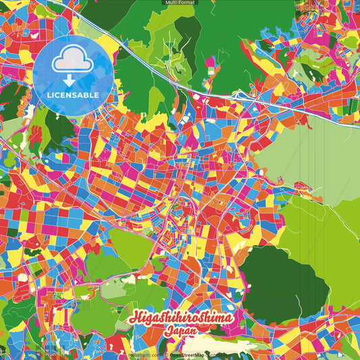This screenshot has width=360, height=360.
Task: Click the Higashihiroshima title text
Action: [180, 318]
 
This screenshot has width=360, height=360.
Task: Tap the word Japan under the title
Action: [180, 332]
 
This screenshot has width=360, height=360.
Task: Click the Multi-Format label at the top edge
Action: [180, 3]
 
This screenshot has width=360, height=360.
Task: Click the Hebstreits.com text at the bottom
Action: [143, 354]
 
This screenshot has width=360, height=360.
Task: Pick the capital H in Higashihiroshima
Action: [130, 317]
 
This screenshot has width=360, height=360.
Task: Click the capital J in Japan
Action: [166, 332]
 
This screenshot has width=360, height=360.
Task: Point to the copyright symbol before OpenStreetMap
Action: [165, 354]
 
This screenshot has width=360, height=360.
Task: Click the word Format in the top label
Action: [187, 3]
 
